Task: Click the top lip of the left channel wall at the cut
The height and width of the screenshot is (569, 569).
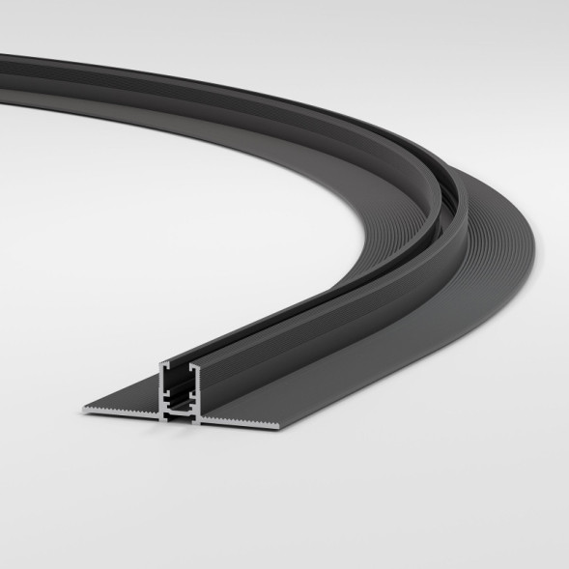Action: pos(163,365)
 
